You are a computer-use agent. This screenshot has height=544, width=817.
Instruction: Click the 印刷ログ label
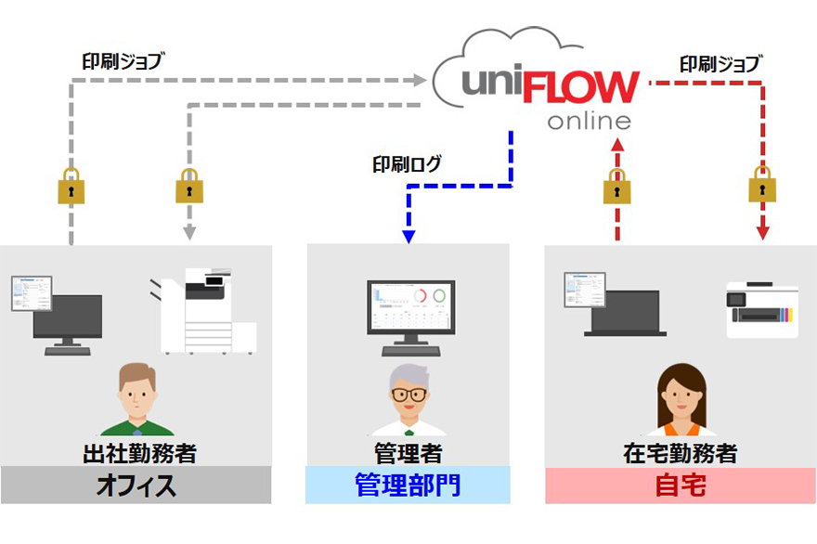pyautogui.click(x=407, y=165)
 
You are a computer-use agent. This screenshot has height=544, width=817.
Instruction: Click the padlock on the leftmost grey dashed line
pyautogui.click(x=71, y=187)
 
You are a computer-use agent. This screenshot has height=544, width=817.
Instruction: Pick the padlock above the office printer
pyautogui.click(x=189, y=187)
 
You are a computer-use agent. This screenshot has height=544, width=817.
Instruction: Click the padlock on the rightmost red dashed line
pyautogui.click(x=763, y=186)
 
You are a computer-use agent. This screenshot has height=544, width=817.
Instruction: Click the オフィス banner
pyautogui.click(x=136, y=486)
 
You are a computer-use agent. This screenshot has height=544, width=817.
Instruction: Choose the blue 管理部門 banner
pyautogui.click(x=408, y=486)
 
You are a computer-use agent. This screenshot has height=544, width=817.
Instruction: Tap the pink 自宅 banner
pyautogui.click(x=680, y=486)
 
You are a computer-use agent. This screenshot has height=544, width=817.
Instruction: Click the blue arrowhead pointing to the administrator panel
pyautogui.click(x=408, y=238)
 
